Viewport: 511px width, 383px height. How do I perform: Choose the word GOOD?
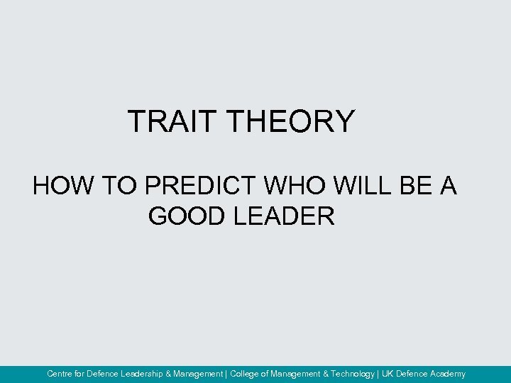[x=187, y=216]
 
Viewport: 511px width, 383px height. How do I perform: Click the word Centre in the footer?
[x=60, y=374]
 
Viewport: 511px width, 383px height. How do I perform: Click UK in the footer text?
[x=388, y=374]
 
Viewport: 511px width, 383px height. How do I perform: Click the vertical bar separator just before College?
[x=226, y=374]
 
